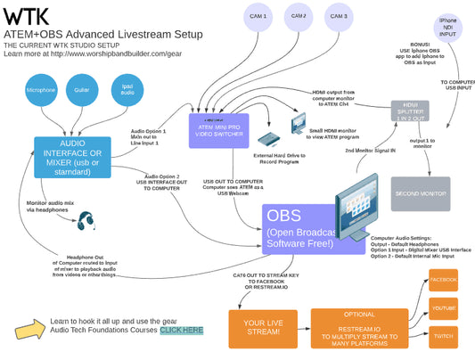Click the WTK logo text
point(26,17)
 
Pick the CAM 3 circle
point(337,17)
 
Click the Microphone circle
point(41,90)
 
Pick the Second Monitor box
point(420,193)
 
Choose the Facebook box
point(443,279)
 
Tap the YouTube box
point(443,308)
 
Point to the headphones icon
point(86,221)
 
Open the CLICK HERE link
point(181,331)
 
